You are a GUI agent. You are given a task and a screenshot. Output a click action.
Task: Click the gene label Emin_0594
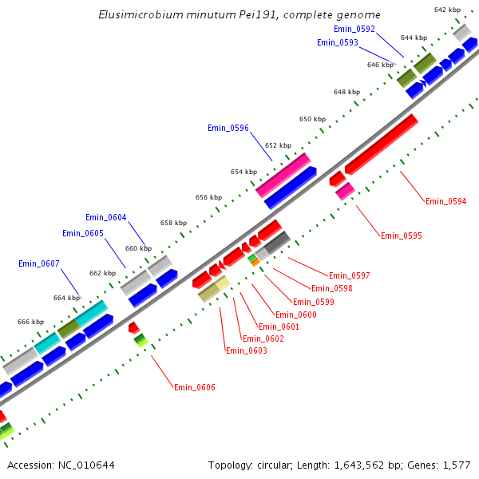point(446,201)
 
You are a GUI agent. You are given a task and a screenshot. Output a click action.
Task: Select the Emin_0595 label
point(402,236)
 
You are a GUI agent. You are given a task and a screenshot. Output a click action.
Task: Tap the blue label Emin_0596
point(228,128)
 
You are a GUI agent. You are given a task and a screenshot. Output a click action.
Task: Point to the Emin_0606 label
point(195,387)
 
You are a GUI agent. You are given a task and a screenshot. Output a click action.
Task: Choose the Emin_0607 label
point(39,263)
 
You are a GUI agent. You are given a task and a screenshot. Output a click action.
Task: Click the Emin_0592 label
point(354,29)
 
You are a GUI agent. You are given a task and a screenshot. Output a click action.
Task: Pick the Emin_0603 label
point(247,350)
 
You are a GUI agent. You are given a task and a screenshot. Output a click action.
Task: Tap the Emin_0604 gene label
point(106,218)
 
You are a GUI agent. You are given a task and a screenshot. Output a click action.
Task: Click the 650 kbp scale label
point(312,119)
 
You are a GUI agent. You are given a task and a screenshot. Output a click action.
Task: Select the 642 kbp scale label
point(447,10)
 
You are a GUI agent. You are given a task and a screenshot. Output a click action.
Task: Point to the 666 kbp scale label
point(30,322)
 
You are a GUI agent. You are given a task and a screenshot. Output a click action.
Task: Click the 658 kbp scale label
point(173,224)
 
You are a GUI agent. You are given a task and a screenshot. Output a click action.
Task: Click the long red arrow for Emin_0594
point(382,144)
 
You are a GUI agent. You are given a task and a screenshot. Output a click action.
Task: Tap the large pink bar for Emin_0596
point(283,175)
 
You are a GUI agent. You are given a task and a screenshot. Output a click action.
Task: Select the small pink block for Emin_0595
point(345,191)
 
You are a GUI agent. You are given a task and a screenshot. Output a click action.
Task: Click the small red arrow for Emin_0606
point(134,328)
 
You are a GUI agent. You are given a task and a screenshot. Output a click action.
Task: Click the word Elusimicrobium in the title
point(137,15)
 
